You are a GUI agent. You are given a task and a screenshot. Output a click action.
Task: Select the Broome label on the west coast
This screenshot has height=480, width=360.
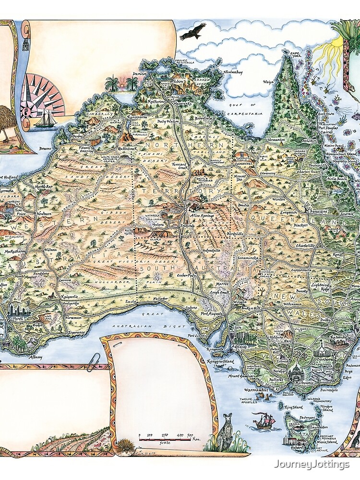click(46, 149)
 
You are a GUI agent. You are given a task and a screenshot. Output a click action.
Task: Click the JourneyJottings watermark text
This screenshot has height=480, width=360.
click(314, 464)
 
